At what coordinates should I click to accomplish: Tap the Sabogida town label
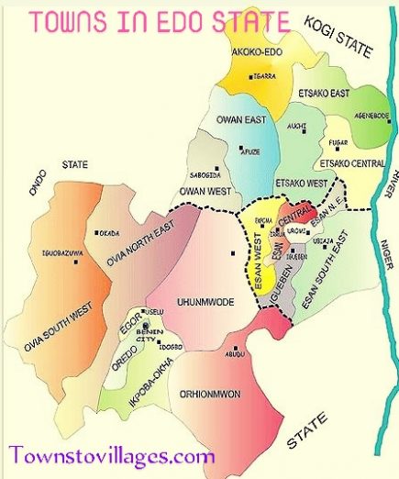[x=203, y=172]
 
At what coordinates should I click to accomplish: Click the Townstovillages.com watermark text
[x=112, y=454]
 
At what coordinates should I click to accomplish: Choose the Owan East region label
[x=241, y=118]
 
